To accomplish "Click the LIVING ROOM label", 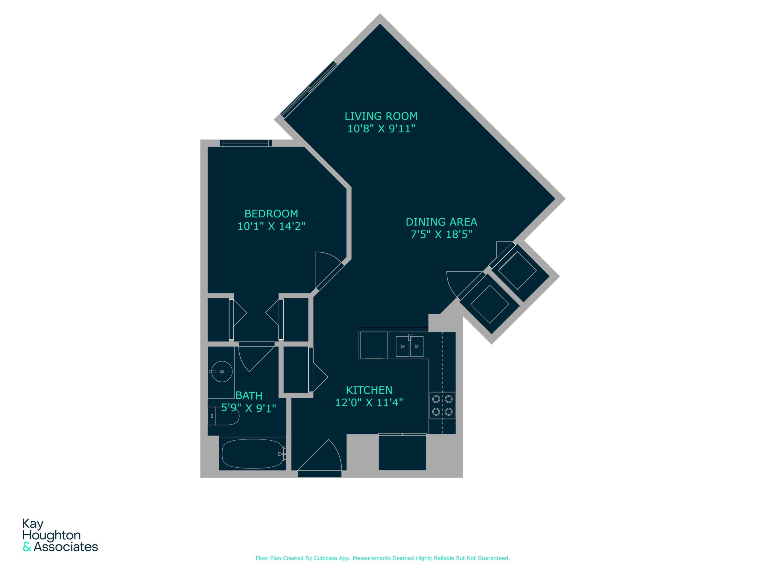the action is [381, 116].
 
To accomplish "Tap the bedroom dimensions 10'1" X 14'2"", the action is [271, 226].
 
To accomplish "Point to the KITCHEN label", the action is [369, 390].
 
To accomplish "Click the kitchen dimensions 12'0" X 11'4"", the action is [369, 402].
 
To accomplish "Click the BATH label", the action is [249, 396].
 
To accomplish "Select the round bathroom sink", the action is [222, 372].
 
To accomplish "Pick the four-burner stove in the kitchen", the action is [442, 405].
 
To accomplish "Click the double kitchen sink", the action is [410, 346].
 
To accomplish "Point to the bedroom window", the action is [246, 143].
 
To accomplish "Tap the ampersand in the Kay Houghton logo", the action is [27, 547].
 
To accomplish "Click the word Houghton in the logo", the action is [51, 536].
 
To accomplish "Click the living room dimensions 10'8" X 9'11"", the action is [381, 129].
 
